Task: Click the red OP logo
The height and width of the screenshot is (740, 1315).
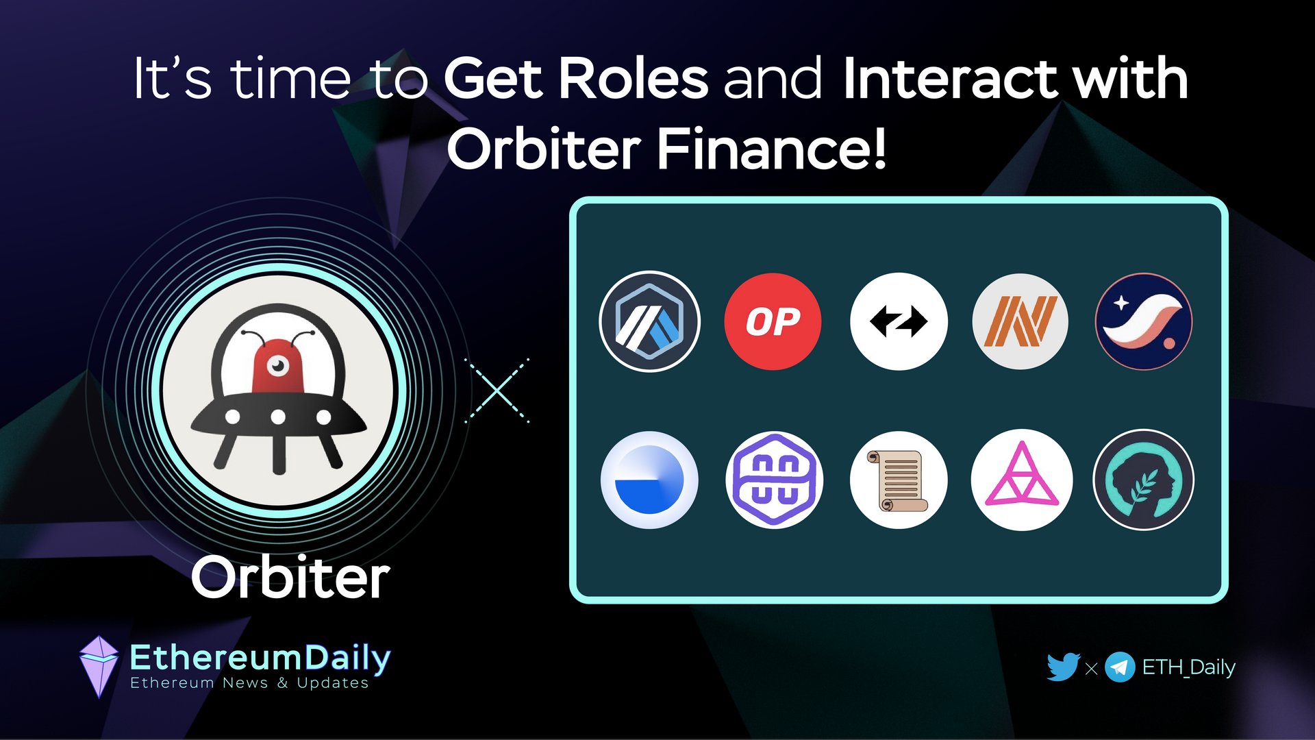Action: pyautogui.click(x=773, y=321)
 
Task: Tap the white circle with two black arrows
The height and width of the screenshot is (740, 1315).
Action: pyautogui.click(x=899, y=321)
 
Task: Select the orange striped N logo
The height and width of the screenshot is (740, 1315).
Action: pyautogui.click(x=1020, y=321)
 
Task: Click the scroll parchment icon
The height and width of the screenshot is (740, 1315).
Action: pyautogui.click(x=899, y=480)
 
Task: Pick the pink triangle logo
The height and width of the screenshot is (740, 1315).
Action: pyautogui.click(x=1022, y=480)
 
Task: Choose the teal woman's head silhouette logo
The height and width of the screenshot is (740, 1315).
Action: pyautogui.click(x=1143, y=480)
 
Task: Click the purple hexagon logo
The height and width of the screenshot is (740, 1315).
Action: pyautogui.click(x=774, y=480)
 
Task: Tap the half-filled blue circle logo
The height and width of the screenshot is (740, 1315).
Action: pyautogui.click(x=649, y=480)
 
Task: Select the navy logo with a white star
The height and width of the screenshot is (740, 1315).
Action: pyautogui.click(x=1143, y=321)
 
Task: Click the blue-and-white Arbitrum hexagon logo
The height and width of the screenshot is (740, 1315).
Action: pyautogui.click(x=649, y=321)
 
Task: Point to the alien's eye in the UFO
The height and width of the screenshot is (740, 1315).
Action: pyautogui.click(x=277, y=366)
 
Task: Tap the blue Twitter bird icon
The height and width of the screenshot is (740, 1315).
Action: pyautogui.click(x=1063, y=667)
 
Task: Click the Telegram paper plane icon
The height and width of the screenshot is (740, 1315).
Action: pyautogui.click(x=1120, y=667)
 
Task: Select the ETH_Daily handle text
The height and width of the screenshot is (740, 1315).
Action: pyautogui.click(x=1188, y=667)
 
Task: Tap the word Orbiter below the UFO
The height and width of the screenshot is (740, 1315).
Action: pyautogui.click(x=290, y=578)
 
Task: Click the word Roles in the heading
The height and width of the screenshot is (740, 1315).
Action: pyautogui.click(x=634, y=78)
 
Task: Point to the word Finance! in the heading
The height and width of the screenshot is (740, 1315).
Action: pyautogui.click(x=772, y=148)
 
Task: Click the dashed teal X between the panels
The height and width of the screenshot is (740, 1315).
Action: pyautogui.click(x=497, y=391)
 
